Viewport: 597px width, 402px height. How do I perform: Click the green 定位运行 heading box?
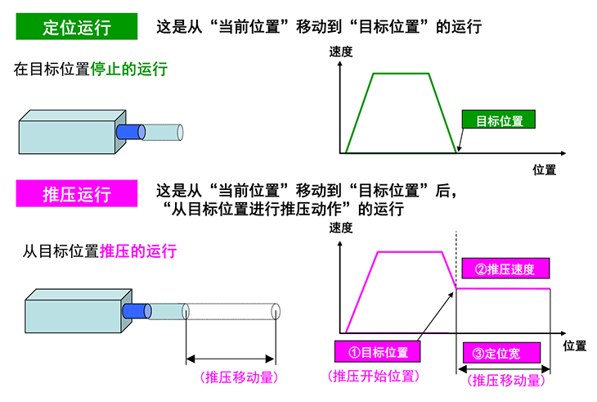(x=76, y=27)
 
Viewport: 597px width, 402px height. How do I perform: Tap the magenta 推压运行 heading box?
(x=76, y=195)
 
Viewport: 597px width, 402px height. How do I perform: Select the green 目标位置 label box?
(x=499, y=120)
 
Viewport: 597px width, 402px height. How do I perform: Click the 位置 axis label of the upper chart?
(x=544, y=169)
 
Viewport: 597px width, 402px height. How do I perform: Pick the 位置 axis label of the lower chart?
(x=575, y=345)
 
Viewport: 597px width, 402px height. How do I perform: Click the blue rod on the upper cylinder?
(x=129, y=131)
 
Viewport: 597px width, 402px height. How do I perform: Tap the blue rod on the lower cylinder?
(x=132, y=310)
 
